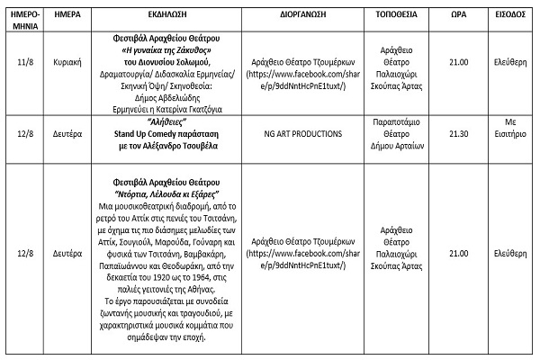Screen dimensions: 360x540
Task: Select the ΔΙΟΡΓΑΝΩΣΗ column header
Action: click(298, 16)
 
